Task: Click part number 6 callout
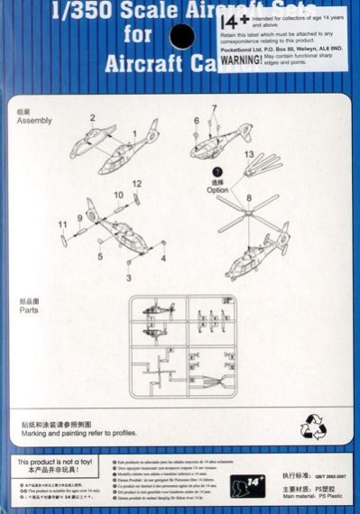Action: (196, 120)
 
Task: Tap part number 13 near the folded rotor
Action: (249, 154)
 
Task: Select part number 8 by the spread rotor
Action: (249, 197)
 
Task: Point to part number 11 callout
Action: (62, 223)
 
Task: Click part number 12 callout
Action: (137, 184)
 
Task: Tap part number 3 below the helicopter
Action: (129, 278)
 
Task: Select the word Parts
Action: (29, 309)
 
